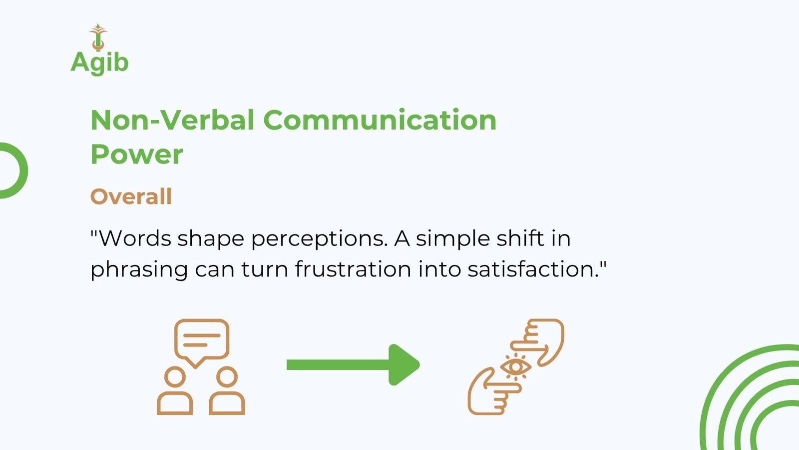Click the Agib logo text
[x=99, y=63]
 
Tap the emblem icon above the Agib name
[x=98, y=37]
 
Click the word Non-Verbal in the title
[x=173, y=120]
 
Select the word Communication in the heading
[x=380, y=120]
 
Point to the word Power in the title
[x=137, y=154]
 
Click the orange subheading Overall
[x=131, y=196]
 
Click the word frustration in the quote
[x=353, y=268]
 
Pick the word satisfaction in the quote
[x=533, y=268]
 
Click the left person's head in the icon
[x=175, y=377]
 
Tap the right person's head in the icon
[x=227, y=377]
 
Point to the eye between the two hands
[x=515, y=367]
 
